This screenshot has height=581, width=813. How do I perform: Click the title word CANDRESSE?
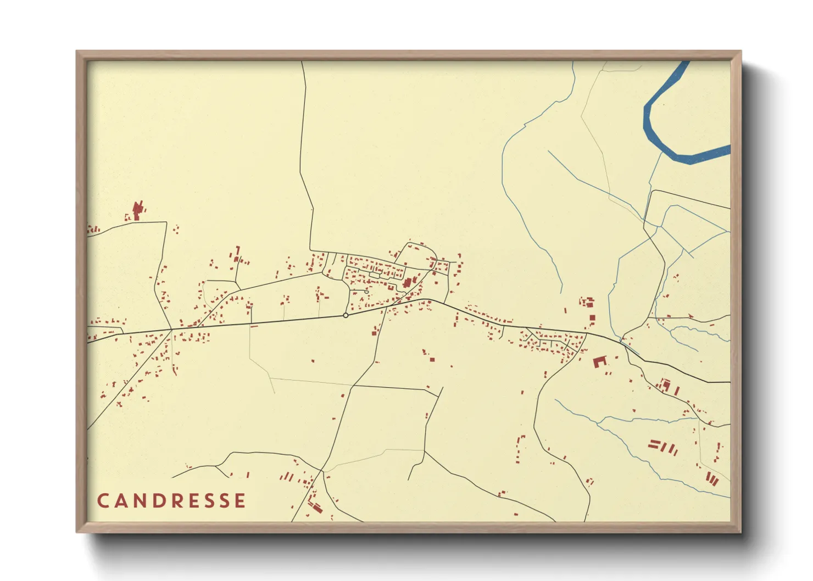click(x=171, y=500)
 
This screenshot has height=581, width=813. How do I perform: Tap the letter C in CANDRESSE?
click(x=103, y=500)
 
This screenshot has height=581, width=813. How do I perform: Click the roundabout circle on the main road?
click(x=346, y=315)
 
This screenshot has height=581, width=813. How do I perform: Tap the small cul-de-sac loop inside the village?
click(x=366, y=291)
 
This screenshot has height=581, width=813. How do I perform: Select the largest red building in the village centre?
click(x=408, y=283)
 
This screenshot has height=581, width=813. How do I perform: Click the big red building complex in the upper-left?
click(x=137, y=210)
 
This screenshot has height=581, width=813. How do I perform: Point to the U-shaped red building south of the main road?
click(x=599, y=361)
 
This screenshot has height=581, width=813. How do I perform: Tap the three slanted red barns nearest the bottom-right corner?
click(x=712, y=478)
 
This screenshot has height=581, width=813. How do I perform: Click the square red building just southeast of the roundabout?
click(x=374, y=332)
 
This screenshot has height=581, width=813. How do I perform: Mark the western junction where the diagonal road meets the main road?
click(x=171, y=329)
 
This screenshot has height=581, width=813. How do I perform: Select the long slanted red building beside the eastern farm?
click(x=677, y=391)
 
